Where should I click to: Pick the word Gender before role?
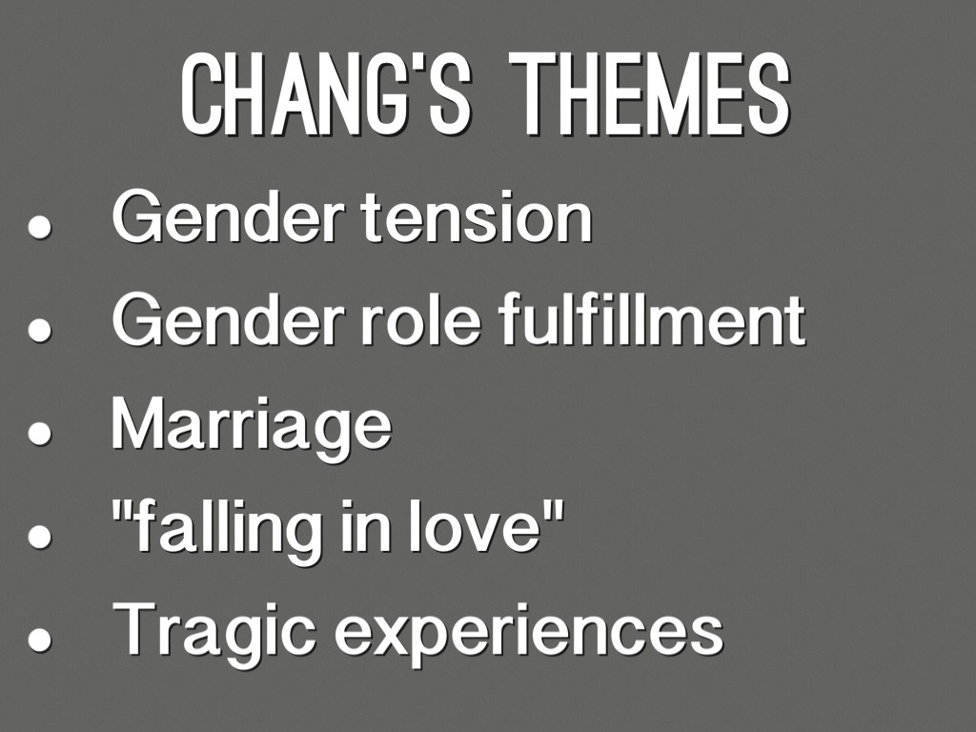point(227,320)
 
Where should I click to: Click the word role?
point(422,320)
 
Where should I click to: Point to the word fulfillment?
point(652,320)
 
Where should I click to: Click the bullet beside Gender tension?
point(39,227)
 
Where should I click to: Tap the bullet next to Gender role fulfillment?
point(39,329)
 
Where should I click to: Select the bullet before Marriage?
point(39,434)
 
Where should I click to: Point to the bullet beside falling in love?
point(39,536)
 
